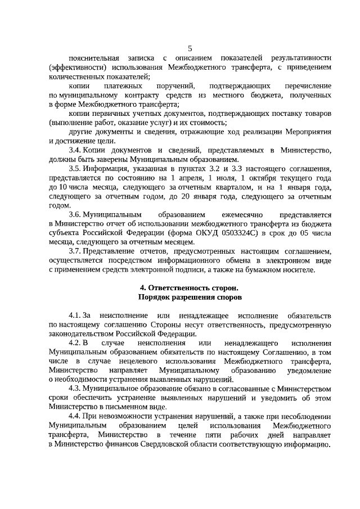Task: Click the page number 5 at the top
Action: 190,49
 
